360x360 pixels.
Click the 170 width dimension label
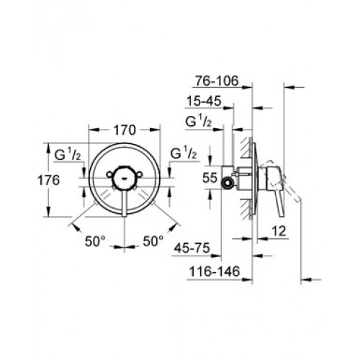pos(125,130)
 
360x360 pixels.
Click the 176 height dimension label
pos(48,180)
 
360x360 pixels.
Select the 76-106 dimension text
pos(217,81)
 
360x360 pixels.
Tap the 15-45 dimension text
pos(204,101)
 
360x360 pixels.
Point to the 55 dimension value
pos(210,178)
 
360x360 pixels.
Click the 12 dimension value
pos(279,231)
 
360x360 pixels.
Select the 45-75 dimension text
pos(192,248)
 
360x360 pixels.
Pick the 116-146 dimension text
pos(215,271)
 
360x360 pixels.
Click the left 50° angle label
pos(95,241)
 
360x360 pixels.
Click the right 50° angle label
pos(153,240)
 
